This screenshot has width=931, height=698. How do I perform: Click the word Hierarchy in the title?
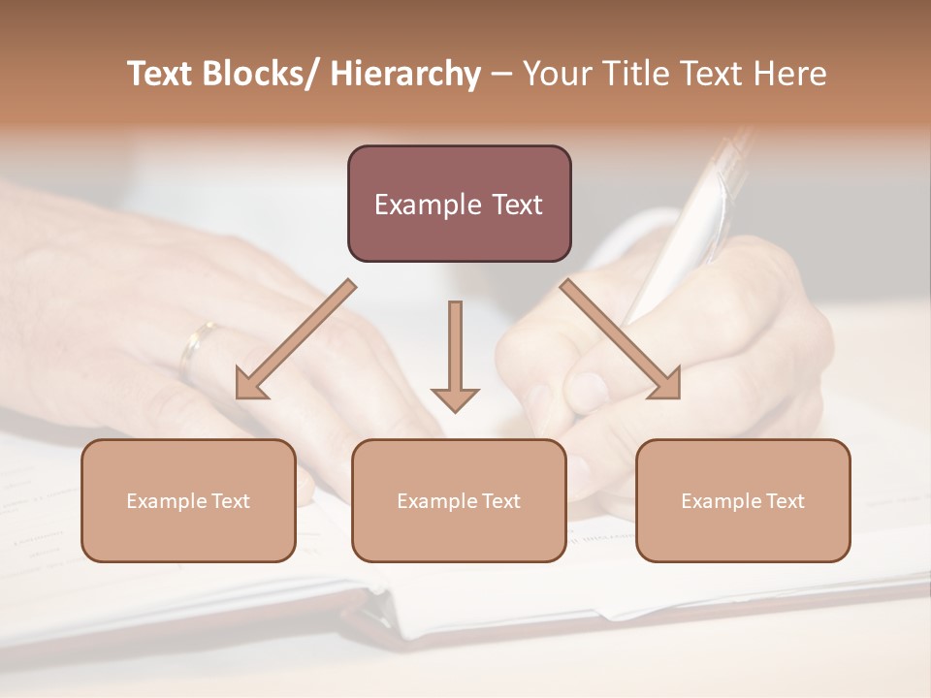click(405, 74)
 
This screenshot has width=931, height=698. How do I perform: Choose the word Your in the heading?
click(556, 74)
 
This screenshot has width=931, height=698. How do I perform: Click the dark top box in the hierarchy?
click(459, 204)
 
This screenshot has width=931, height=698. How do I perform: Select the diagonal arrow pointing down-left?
click(296, 339)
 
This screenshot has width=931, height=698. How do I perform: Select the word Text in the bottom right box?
click(784, 501)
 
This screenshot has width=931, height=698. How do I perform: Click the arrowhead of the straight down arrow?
click(455, 397)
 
